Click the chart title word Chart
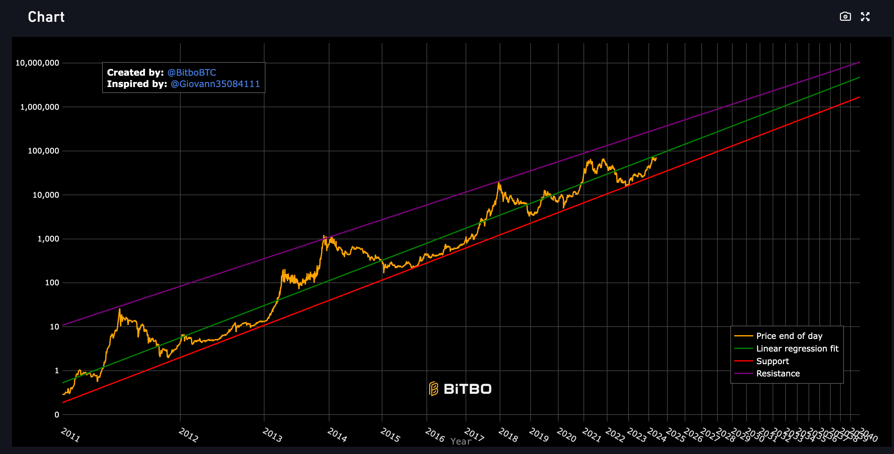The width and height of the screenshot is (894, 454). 46,17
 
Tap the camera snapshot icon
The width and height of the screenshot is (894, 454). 845,16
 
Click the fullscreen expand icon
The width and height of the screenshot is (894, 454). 865,16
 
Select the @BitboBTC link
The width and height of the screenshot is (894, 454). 192,73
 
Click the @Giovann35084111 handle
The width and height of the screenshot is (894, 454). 215,84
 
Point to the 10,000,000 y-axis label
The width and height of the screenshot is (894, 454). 37,63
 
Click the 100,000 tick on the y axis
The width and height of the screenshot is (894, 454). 44,151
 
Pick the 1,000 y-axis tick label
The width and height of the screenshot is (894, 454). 48,239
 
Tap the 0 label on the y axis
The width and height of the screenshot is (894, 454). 56,414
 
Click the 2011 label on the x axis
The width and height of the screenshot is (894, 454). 70,434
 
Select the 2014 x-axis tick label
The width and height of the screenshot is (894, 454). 337,434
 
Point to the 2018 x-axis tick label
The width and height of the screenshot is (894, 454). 508,434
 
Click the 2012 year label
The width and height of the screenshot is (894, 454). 188,434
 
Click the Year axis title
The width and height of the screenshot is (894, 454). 461,441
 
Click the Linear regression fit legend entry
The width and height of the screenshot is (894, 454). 797,348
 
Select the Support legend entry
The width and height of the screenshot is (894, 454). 773,361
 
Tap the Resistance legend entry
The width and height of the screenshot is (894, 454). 778,374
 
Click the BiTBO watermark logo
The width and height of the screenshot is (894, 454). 460,389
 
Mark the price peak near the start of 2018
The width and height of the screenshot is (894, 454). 499,183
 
